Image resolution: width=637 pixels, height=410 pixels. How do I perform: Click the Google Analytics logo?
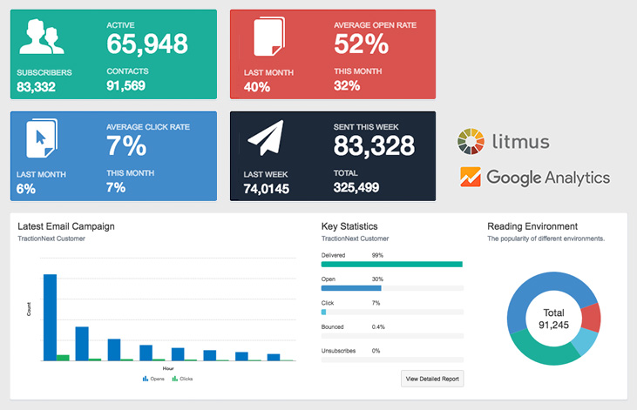535,178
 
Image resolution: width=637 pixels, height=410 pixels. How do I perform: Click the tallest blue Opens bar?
50,317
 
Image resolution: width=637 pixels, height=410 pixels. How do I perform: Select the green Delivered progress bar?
391,264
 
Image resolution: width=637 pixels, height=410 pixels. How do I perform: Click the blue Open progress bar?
351,287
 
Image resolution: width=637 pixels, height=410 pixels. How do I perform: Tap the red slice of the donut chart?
591,318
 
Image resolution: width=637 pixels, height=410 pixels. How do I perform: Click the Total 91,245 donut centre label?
554,319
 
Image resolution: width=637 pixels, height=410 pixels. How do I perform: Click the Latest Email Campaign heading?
66,227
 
